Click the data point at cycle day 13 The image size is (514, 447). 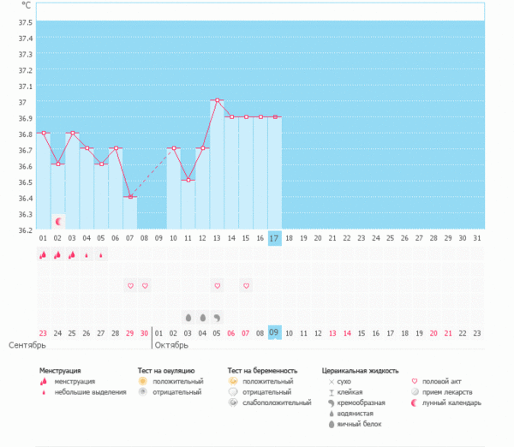[x=218, y=100]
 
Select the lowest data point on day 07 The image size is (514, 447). [x=130, y=196]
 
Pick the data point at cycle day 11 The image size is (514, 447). [x=188, y=180]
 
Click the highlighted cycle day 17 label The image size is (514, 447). [x=275, y=238]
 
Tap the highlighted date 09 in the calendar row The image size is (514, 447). [x=275, y=332]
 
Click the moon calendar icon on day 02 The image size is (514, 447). [x=58, y=221]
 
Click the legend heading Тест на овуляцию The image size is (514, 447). [x=171, y=371]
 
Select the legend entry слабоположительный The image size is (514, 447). [x=277, y=402]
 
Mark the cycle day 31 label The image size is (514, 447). [x=477, y=238]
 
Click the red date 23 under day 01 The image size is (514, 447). [x=43, y=332]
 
